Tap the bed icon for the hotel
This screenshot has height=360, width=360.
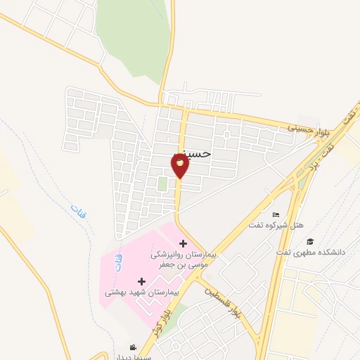pyautogui.click(x=276, y=214)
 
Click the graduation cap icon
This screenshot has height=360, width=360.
pyautogui.click(x=310, y=241)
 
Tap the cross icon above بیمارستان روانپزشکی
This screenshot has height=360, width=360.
pyautogui.click(x=184, y=243)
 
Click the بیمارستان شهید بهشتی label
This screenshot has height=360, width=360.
pyautogui.click(x=143, y=290)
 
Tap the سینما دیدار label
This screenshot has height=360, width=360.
pyautogui.click(x=131, y=356)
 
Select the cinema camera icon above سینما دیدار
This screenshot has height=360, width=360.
pyautogui.click(x=133, y=347)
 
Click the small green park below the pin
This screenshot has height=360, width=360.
pyautogui.click(x=162, y=184)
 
